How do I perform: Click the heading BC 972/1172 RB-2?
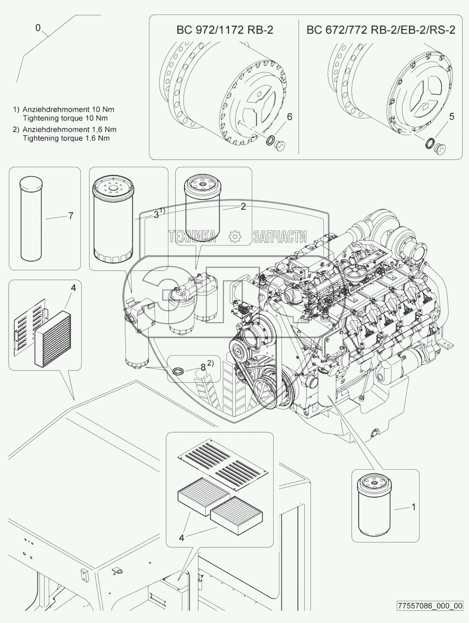click(x=224, y=30)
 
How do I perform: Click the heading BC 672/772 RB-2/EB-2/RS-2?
click(x=381, y=30)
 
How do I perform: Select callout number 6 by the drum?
click(x=289, y=117)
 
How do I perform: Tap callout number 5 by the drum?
click(x=451, y=117)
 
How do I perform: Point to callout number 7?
click(x=70, y=216)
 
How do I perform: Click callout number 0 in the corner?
click(x=38, y=28)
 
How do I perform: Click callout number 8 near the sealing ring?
click(x=203, y=367)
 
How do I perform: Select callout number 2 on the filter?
click(x=243, y=207)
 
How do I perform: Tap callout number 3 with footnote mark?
click(x=158, y=214)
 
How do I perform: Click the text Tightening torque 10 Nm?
click(x=65, y=118)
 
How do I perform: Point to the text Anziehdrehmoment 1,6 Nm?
click(x=69, y=129)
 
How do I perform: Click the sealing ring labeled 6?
click(x=271, y=140)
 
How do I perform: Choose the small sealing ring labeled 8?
click(x=178, y=370)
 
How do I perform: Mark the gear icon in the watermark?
click(x=235, y=237)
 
